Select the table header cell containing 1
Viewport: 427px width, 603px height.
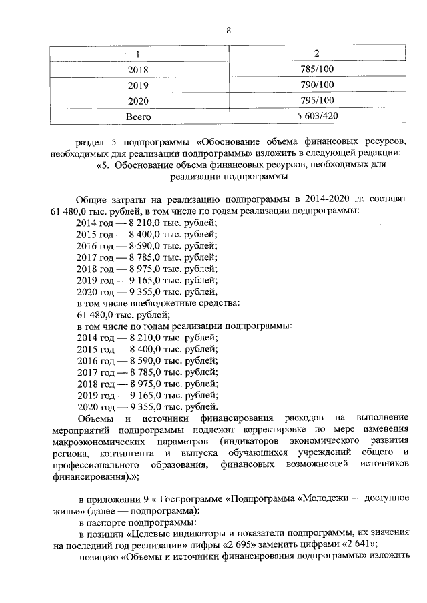point(137,54)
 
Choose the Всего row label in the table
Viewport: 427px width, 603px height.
point(138,117)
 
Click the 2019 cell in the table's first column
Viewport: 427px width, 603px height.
point(138,85)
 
